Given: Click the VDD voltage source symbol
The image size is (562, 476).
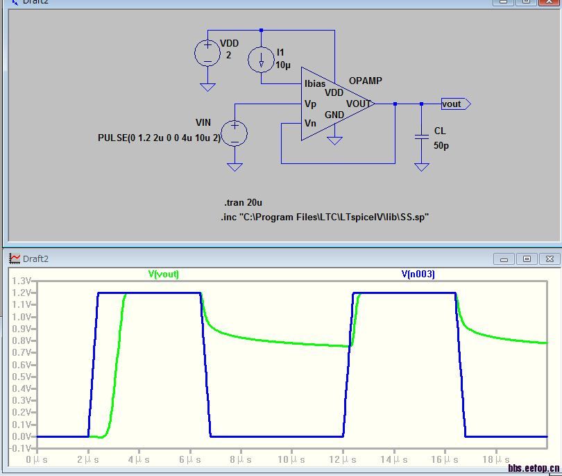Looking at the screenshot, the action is [x=207, y=53].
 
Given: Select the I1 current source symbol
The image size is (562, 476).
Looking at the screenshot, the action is [x=262, y=60].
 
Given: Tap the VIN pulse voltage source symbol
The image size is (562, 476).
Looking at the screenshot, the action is [x=235, y=133].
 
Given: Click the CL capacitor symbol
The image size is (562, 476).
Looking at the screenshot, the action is [x=422, y=136].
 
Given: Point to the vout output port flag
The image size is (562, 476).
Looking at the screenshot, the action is [x=456, y=104].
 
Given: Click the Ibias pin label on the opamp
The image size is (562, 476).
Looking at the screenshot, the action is [x=315, y=83].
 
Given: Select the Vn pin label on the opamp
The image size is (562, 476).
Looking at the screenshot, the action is [x=310, y=123].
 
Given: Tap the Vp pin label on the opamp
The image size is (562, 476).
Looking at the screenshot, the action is [x=310, y=104].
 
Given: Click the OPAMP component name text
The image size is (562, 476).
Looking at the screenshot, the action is [x=365, y=81].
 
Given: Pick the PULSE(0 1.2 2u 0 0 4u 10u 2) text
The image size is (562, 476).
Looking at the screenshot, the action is [x=159, y=138].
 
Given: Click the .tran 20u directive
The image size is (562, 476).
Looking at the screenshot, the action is [x=243, y=202].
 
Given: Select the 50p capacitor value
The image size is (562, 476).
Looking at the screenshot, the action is [x=441, y=145].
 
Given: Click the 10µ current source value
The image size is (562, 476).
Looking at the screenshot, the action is [x=283, y=65].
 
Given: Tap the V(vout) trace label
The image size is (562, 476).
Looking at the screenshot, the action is [x=164, y=274].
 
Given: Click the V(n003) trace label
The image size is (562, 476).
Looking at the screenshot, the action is [x=418, y=274].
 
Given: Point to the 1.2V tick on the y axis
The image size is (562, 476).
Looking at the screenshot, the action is [x=22, y=293].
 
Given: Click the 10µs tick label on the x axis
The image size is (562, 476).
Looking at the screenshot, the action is [x=291, y=459].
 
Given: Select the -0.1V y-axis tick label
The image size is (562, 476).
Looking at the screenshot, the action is [x=22, y=448].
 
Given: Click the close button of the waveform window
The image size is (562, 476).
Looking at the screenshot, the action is [x=550, y=258].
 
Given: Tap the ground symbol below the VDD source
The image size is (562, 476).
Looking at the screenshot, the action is [x=207, y=88].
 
